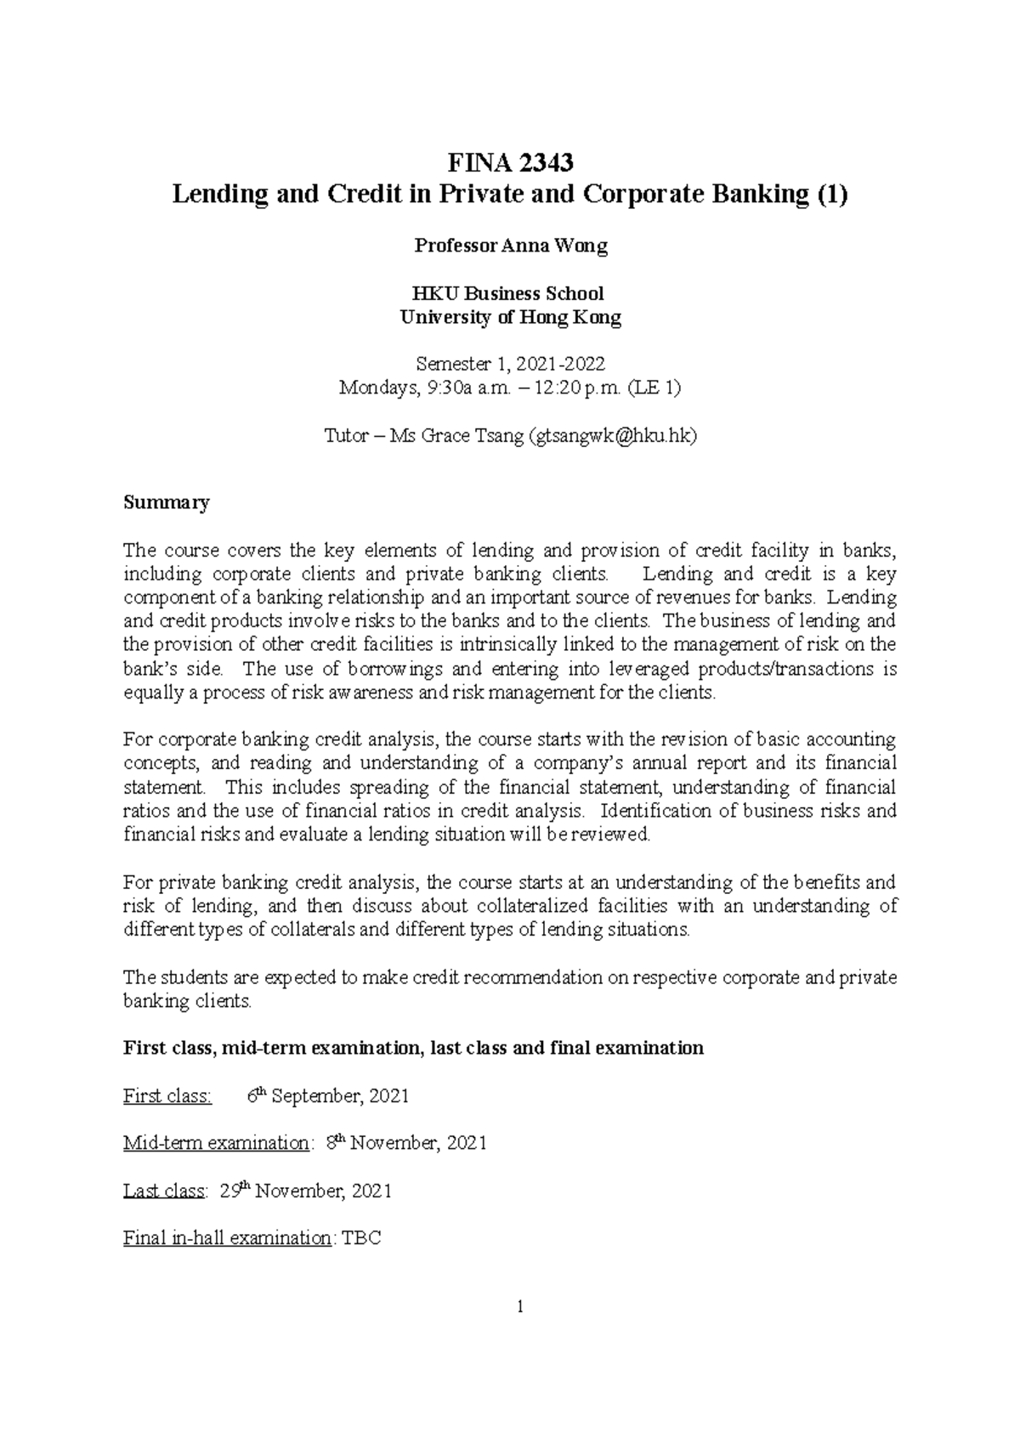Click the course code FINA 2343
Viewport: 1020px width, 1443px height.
[510, 161]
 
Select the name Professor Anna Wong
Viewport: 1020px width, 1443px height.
[510, 246]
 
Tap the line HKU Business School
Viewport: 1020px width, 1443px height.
[510, 294]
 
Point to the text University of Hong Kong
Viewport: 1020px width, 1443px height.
[510, 318]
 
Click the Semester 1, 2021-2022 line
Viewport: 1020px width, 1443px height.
[510, 365]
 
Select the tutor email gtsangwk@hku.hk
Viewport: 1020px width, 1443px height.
[612, 436]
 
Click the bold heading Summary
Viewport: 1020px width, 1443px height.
[166, 502]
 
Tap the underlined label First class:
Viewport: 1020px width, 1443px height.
[167, 1096]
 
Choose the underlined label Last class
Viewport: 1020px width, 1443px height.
[164, 1191]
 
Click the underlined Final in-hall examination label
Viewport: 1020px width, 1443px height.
[227, 1238]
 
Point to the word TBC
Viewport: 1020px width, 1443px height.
[361, 1238]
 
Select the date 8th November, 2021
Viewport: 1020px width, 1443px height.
[406, 1143]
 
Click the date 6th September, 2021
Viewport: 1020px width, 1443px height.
[328, 1096]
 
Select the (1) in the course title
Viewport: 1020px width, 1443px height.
[832, 195]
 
